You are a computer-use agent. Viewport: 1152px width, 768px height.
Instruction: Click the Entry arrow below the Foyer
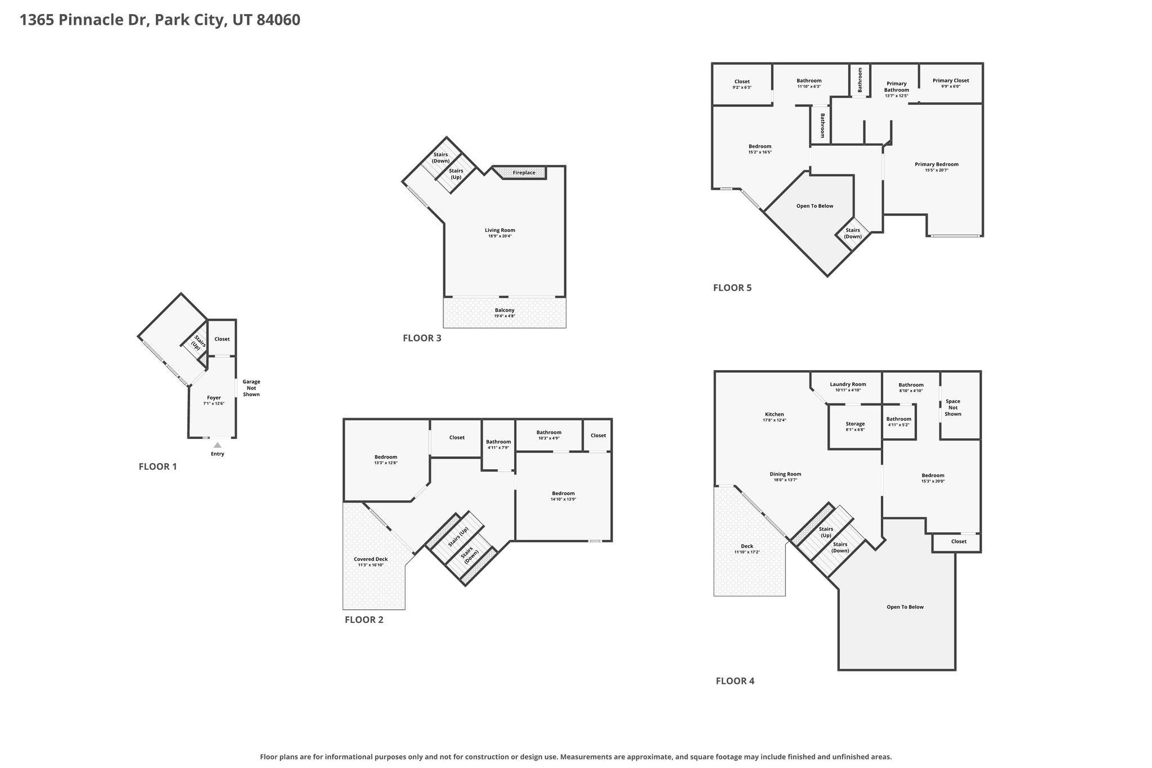pos(217,445)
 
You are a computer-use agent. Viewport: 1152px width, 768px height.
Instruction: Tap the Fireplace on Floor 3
pos(524,173)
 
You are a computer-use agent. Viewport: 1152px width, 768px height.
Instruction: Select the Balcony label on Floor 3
pos(505,310)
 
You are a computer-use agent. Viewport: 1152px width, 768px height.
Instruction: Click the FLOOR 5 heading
pos(732,288)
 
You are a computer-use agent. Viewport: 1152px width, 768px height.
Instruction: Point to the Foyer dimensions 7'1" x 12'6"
pos(214,403)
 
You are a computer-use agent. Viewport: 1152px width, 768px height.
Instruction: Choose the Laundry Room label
pos(848,384)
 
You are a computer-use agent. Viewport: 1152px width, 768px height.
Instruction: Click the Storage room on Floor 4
pos(855,426)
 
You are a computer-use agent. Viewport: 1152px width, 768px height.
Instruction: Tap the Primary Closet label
pos(951,80)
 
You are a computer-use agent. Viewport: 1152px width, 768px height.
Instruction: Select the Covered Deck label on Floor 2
pos(371,559)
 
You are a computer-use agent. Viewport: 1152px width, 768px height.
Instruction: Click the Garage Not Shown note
pos(251,388)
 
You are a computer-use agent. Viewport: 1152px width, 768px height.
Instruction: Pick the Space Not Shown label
pos(953,408)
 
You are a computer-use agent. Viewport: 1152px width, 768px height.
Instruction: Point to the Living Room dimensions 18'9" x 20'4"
pos(500,236)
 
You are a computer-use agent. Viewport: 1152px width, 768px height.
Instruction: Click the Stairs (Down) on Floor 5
pos(853,233)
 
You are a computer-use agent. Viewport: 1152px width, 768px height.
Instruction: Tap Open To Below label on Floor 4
pos(905,607)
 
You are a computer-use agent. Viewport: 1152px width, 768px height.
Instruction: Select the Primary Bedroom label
pos(937,164)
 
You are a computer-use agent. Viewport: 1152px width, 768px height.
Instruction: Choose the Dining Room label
pos(785,474)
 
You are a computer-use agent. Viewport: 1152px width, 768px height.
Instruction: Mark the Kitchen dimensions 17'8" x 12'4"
pos(774,420)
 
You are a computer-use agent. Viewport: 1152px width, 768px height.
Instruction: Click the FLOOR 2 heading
pos(364,620)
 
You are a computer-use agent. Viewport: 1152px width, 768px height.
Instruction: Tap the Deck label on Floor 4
pos(747,546)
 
